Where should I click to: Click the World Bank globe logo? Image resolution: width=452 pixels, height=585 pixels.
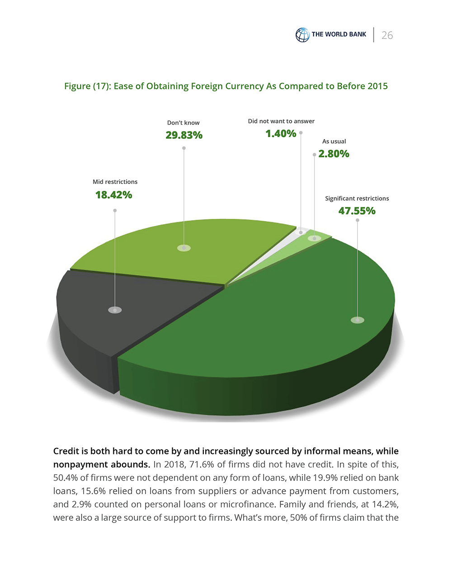(302, 35)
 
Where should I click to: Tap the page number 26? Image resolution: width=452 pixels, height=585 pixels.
(387, 35)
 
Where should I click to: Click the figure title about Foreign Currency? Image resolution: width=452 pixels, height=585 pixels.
(226, 86)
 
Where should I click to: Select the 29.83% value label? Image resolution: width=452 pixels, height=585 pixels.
(184, 135)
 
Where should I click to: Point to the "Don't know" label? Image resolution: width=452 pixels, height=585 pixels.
(183, 123)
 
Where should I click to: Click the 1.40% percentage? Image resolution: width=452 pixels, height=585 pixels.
(281, 134)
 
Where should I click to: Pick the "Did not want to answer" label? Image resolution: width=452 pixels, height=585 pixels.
(281, 121)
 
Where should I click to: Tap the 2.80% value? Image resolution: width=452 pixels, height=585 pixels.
(334, 154)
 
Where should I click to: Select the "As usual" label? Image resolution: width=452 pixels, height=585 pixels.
(334, 141)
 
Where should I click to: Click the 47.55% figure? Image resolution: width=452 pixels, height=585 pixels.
(357, 211)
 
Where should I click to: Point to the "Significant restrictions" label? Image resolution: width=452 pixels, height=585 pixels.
(357, 198)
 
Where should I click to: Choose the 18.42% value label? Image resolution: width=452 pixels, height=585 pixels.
(113, 195)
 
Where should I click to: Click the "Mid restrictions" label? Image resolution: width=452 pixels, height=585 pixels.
(115, 182)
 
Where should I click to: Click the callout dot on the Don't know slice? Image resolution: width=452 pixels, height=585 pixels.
(184, 248)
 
